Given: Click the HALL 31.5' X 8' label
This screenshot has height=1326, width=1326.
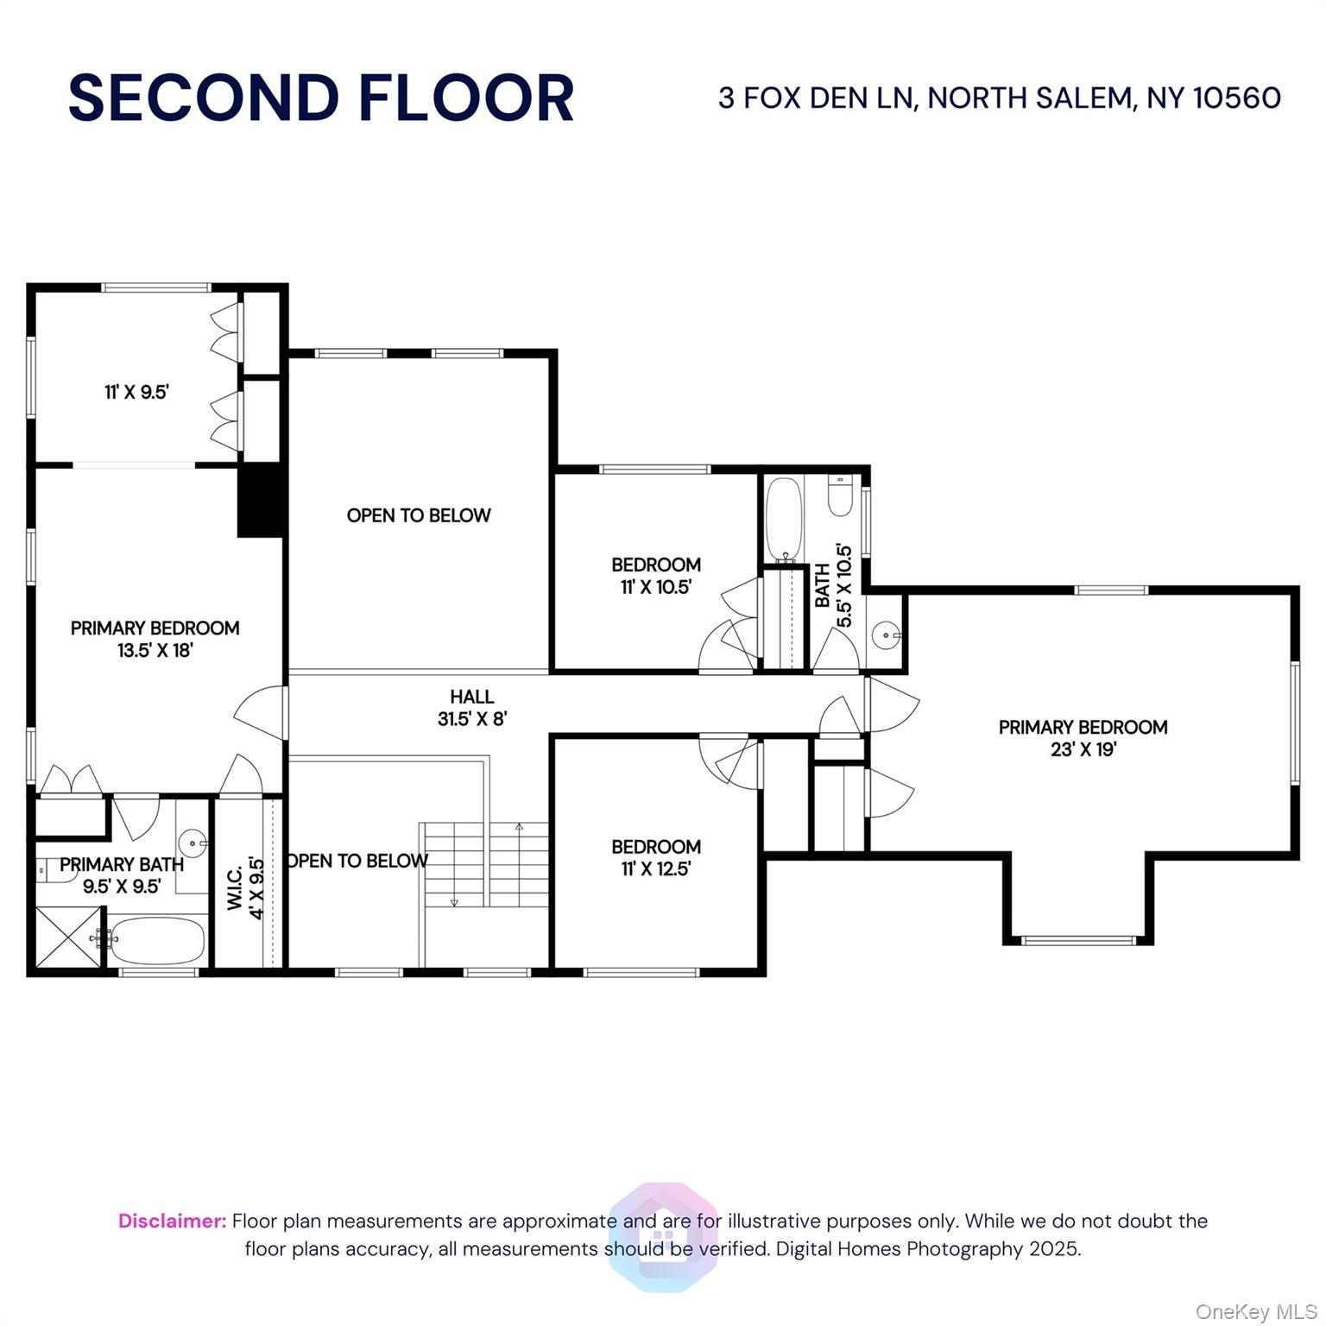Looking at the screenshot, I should (x=471, y=707).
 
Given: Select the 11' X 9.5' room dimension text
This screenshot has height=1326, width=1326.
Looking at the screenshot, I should (x=136, y=392).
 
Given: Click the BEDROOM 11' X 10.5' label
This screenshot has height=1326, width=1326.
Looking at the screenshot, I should (x=655, y=576).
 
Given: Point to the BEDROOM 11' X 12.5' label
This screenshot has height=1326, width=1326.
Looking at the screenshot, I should (x=655, y=857).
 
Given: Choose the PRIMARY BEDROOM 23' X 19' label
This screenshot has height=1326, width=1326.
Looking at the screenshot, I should (x=1083, y=738).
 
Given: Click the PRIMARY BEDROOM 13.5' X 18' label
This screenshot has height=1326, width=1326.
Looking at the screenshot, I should (x=155, y=639).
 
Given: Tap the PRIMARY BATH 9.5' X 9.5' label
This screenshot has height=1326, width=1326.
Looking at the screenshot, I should (x=121, y=875).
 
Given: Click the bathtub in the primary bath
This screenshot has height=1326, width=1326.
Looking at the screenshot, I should (x=157, y=941).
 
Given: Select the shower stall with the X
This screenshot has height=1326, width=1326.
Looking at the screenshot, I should (x=66, y=938).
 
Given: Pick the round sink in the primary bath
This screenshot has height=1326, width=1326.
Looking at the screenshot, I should (x=192, y=842).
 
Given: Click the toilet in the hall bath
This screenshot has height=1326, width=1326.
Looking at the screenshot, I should (x=839, y=496).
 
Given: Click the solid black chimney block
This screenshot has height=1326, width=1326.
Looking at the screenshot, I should (x=261, y=501).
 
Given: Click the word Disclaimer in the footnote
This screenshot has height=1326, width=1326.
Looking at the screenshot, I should (x=172, y=1221).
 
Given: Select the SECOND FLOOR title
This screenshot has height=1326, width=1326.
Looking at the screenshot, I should (x=321, y=98).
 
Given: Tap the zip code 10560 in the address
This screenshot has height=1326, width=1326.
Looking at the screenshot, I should (x=1236, y=98).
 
